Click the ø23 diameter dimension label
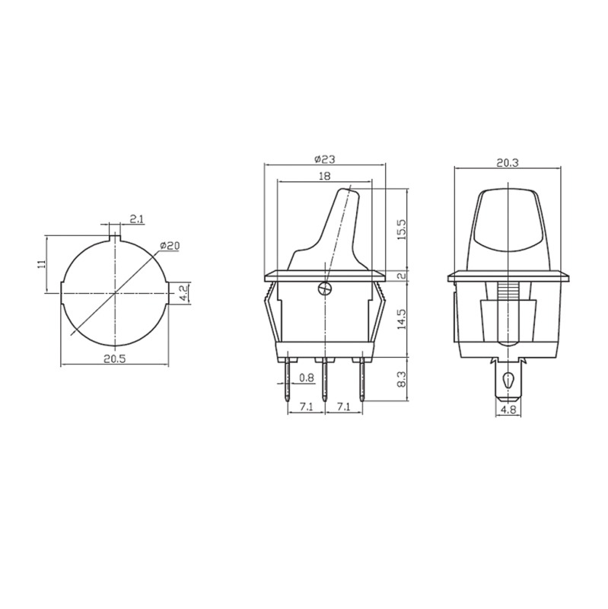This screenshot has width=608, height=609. (324, 159)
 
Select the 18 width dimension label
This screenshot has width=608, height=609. (324, 176)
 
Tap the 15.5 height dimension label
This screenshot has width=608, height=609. (402, 229)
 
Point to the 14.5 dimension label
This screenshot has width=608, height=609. (402, 318)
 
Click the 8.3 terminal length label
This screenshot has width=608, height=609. (402, 378)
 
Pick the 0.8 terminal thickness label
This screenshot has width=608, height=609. (307, 378)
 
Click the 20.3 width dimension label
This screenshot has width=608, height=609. (508, 163)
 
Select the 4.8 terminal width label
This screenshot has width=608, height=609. (508, 410)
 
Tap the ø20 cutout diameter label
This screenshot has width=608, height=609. (170, 245)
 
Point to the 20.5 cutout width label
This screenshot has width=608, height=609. (115, 359)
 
